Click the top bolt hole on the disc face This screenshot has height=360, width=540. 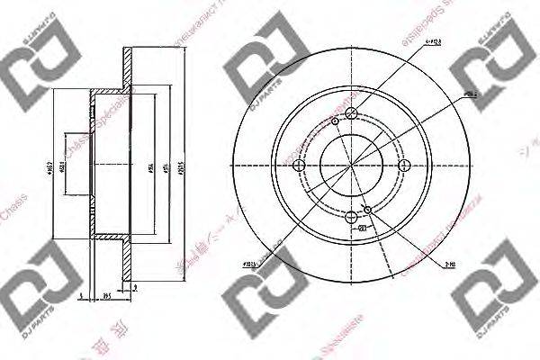point(352,112)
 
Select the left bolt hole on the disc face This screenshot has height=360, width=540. point(300,164)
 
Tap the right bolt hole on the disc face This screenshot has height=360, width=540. point(404,164)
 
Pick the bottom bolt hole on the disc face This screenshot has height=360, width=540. point(352,216)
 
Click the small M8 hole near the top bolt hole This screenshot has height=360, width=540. point(335,121)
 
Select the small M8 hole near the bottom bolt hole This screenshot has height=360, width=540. point(368,208)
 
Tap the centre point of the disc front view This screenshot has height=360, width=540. point(352,164)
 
